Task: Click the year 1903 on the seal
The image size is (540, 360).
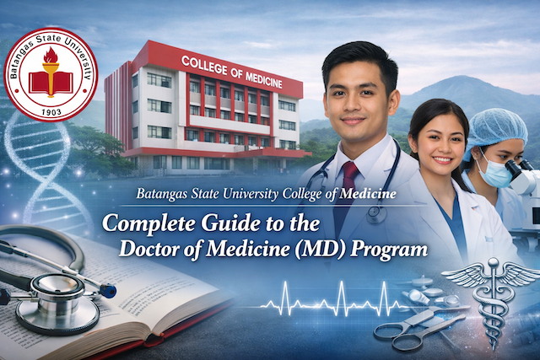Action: pyautogui.click(x=51, y=112)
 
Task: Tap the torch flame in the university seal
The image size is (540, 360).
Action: pyautogui.click(x=51, y=56)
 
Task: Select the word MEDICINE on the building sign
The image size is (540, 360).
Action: pyautogui.click(x=263, y=78)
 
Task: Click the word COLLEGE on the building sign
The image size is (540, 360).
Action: pyautogui.click(x=204, y=65)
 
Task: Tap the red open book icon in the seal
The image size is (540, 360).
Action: pyautogui.click(x=51, y=83)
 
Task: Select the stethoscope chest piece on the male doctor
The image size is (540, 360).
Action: pyautogui.click(x=376, y=213)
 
